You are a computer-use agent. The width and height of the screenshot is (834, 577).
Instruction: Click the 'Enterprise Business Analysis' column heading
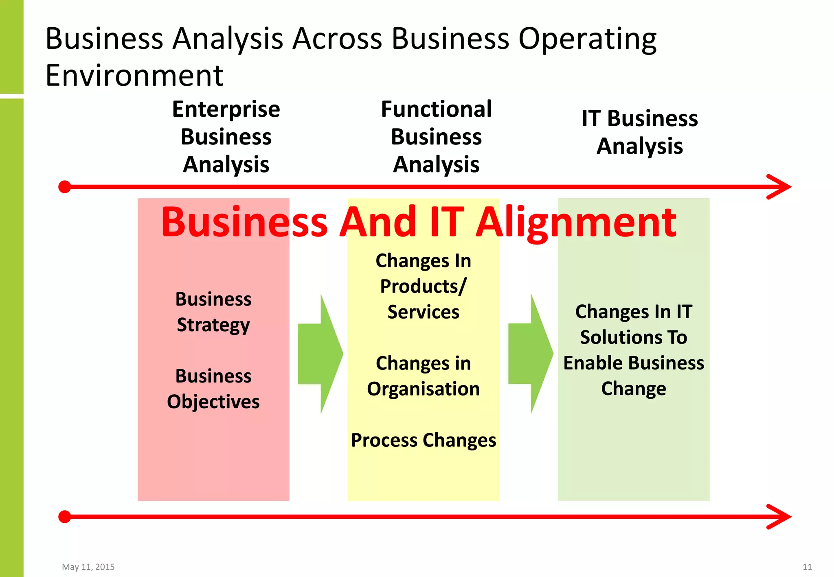(x=226, y=137)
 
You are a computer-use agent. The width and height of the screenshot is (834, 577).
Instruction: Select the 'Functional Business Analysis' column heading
(x=436, y=137)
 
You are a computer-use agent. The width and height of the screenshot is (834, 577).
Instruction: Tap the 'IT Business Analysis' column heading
(x=639, y=132)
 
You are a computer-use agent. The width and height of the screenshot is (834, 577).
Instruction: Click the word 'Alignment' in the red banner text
(x=576, y=223)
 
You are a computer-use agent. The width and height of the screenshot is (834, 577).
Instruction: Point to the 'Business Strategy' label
(x=213, y=312)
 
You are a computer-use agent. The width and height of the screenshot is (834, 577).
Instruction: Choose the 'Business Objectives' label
(x=213, y=389)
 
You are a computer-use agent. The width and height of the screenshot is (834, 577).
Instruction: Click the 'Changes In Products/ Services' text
(x=423, y=286)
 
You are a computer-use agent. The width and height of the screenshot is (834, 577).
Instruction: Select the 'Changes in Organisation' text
(x=423, y=376)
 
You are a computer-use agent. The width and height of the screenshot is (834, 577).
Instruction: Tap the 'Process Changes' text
(x=424, y=440)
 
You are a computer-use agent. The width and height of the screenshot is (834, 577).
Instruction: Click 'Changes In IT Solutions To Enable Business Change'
(x=634, y=350)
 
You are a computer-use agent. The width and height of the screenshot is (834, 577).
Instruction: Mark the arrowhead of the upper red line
(x=780, y=187)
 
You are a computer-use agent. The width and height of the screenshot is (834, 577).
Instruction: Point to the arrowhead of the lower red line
(x=780, y=517)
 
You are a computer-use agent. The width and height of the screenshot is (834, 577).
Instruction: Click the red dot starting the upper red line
(x=65, y=187)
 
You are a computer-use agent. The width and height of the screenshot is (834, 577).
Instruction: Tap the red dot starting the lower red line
(x=65, y=517)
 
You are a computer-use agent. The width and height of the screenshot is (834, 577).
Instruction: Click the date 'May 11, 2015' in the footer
(x=88, y=567)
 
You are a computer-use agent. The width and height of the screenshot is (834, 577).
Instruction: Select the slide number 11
(x=807, y=567)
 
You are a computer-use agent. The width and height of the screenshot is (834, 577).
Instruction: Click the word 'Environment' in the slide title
(x=134, y=76)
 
